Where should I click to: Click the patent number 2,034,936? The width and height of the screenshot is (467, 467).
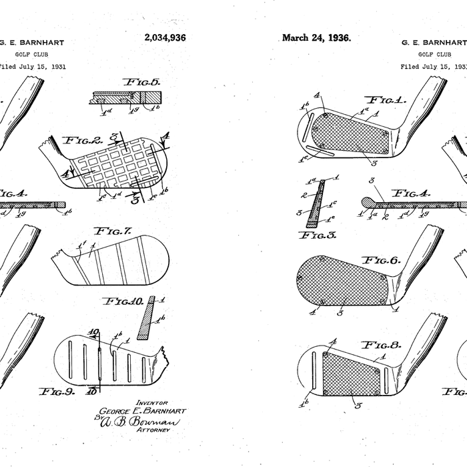(165, 38)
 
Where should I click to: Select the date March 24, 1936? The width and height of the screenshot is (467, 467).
(316, 37)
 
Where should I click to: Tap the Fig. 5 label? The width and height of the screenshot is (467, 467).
(141, 82)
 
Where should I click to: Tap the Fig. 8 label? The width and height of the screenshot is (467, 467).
(380, 346)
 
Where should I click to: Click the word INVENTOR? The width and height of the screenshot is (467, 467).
(151, 402)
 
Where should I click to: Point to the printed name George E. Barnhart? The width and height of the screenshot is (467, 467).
(141, 411)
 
